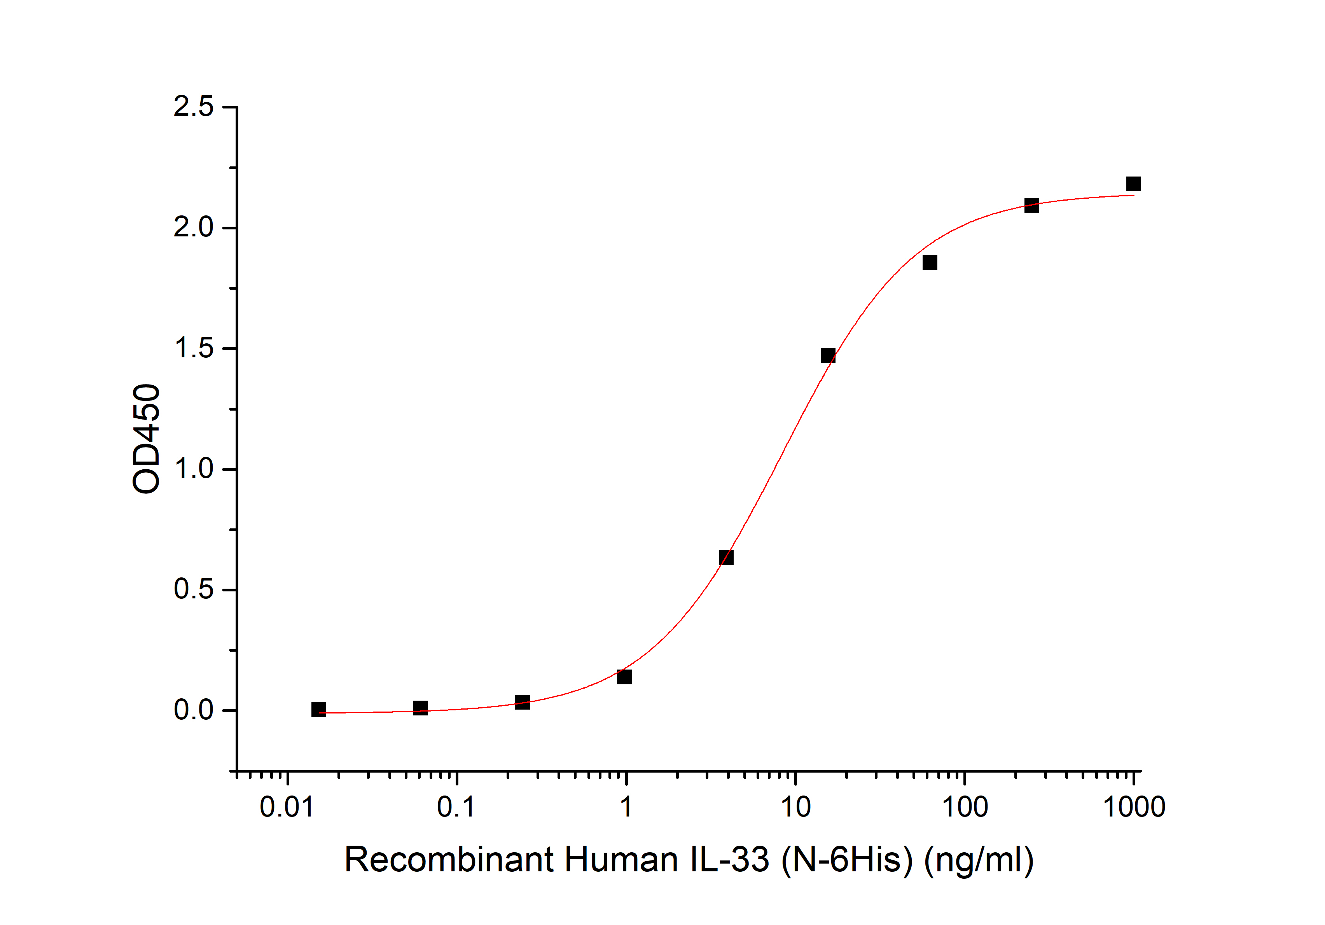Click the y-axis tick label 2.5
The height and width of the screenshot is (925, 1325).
point(193,107)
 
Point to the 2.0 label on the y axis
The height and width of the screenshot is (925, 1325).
point(193,227)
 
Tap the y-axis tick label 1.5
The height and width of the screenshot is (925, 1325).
point(193,348)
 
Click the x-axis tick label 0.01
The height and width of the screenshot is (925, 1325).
point(287,807)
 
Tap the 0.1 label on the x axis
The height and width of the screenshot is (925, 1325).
point(456,807)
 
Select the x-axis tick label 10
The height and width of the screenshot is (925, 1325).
point(795,807)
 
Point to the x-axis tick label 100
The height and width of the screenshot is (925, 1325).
point(964,807)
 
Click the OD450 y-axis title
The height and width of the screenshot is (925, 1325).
point(146,439)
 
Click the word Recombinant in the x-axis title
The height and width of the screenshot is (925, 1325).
point(449,859)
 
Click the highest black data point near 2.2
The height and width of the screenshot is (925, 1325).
point(1133,184)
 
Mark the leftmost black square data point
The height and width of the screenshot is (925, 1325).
point(318,709)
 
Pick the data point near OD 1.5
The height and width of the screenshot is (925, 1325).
point(828,355)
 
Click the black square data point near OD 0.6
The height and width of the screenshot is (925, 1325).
point(726,558)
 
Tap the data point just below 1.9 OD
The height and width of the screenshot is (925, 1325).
point(930,262)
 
